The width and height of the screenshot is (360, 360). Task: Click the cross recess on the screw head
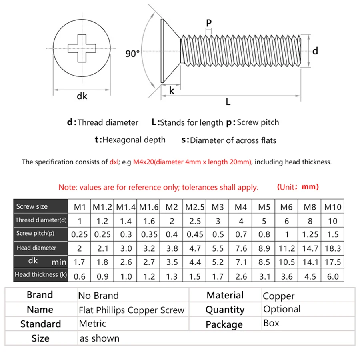[82, 49]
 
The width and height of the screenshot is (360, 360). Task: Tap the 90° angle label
[132, 54]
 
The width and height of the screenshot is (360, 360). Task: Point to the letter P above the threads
[208, 24]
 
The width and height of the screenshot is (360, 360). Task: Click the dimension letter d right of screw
[315, 51]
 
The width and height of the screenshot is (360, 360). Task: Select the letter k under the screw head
[172, 90]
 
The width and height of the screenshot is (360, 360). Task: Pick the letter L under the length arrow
[228, 102]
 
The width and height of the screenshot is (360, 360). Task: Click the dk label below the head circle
[82, 96]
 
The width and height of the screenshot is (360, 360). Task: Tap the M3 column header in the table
[218, 207]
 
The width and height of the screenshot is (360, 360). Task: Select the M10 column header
[333, 207]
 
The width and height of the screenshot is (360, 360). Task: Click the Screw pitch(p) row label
[35, 233]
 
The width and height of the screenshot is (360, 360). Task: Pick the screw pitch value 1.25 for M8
[310, 234]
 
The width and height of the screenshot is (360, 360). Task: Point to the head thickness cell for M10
[333, 276]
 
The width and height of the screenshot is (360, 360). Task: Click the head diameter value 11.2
[287, 248]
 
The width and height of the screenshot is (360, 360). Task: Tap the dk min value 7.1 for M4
[241, 262]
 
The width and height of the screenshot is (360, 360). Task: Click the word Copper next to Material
[278, 296]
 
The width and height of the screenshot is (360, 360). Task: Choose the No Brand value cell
[98, 296]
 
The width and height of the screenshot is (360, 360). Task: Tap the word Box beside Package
[271, 323]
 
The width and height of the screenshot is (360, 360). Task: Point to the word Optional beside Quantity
[282, 310]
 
